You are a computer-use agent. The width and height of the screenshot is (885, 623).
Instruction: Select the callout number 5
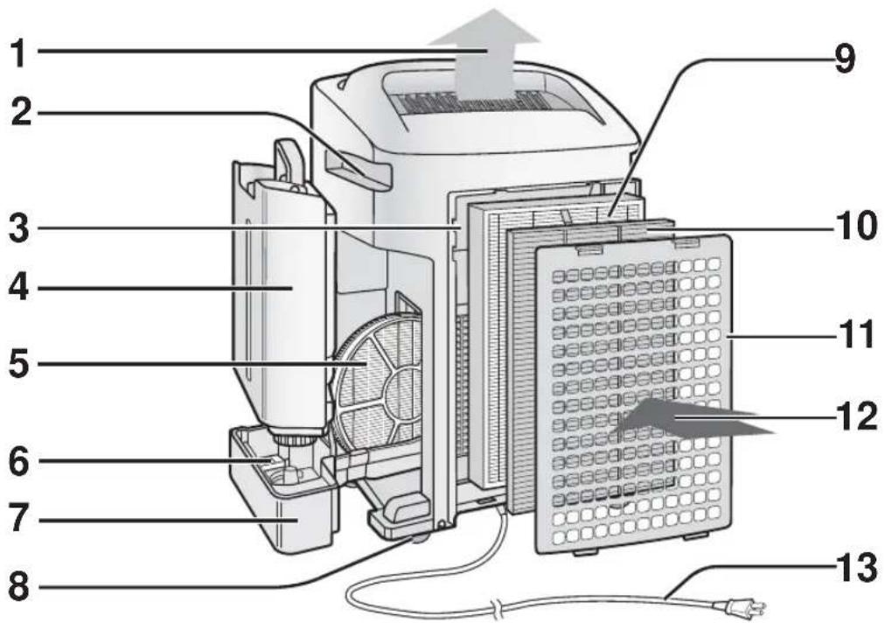[x=20, y=364]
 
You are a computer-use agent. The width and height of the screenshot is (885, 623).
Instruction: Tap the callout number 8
[x=19, y=586]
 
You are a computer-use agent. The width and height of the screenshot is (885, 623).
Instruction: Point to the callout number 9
[x=845, y=58]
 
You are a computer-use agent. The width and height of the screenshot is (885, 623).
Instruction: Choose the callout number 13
[x=858, y=568]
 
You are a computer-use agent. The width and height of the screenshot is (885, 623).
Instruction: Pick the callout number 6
[x=20, y=461]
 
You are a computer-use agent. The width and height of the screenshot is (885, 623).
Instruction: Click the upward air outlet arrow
[x=484, y=55]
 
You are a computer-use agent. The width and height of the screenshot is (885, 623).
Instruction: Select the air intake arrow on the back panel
[x=692, y=418]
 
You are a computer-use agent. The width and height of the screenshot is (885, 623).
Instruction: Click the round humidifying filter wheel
[x=378, y=384]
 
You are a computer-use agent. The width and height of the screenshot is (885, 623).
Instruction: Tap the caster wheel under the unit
[x=419, y=540]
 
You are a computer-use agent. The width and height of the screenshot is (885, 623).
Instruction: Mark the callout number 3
[x=20, y=227]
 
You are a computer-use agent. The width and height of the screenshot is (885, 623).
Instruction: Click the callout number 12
[x=858, y=416]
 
